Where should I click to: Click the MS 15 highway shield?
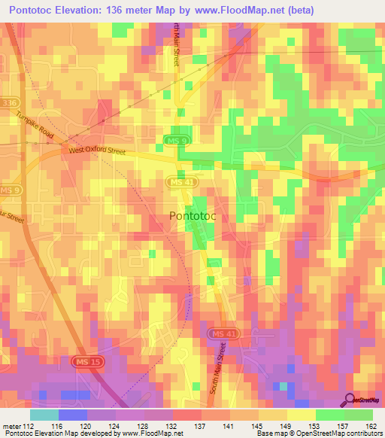coord(84,363)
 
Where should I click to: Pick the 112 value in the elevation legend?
coord(29,425)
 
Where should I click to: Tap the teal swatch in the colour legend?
coord(44,415)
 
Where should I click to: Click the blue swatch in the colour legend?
coord(72,415)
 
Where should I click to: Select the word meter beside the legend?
coord(11,425)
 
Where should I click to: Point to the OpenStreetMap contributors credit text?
coord(335,434)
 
